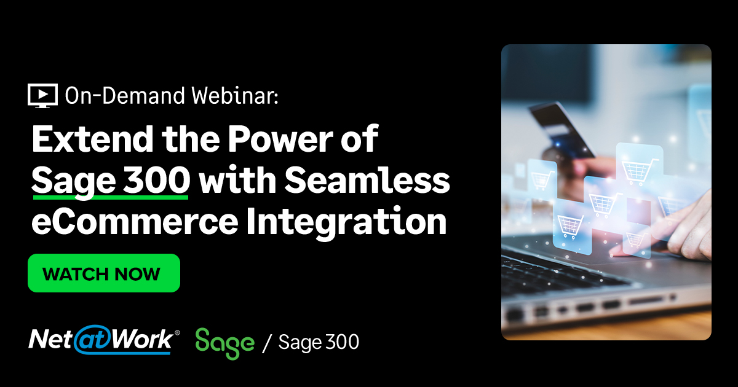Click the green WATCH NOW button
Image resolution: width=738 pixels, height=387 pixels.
click(103, 273)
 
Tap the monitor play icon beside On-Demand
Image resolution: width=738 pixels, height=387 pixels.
click(42, 95)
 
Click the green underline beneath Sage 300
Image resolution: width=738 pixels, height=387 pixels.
click(110, 198)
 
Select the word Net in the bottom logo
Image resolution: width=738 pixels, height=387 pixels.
click(51, 340)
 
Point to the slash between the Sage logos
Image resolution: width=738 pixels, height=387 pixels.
click(266, 343)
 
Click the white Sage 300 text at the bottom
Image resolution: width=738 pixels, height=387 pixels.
click(319, 342)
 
